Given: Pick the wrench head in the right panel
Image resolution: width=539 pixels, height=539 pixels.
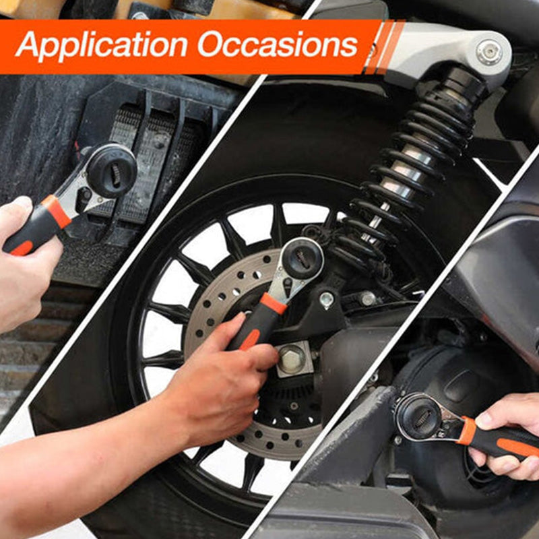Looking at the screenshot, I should click(418, 416).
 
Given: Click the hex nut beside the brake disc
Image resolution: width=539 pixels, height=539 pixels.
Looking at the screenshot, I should click(291, 359).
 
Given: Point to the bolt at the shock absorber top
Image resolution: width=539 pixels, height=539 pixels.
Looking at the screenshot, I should click(488, 52).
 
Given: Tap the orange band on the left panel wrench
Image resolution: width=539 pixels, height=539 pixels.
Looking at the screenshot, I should click(57, 211).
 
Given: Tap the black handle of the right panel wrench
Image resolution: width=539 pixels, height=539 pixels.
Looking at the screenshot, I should click(505, 443).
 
